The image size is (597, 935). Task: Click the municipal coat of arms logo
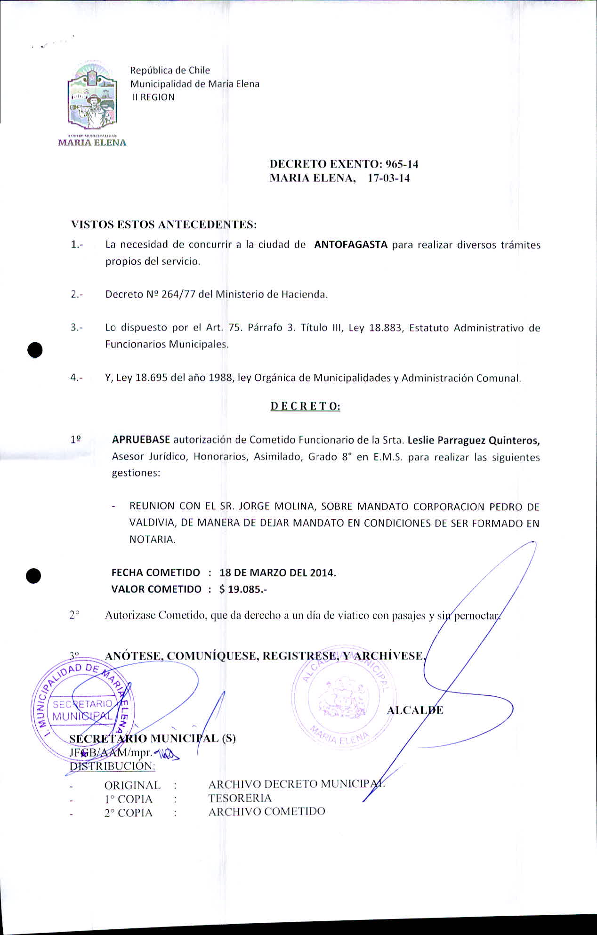coord(92,97)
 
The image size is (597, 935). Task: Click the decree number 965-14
coord(402,164)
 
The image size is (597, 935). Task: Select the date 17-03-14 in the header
coord(388,178)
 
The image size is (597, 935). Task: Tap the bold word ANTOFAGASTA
coord(351,245)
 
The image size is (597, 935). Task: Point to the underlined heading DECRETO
coord(305,406)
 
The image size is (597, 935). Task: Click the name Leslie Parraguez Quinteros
coord(473,441)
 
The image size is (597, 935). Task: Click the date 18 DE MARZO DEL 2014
coord(277,573)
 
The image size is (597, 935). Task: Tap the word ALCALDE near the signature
coord(415,710)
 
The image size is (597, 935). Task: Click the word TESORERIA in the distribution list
coord(240,798)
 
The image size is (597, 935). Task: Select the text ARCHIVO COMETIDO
coord(266,812)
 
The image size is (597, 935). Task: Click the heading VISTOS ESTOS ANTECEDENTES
coord(163,225)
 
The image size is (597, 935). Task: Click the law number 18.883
coord(386,328)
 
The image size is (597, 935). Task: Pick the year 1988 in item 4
coord(221,378)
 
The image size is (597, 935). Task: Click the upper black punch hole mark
coord(35,350)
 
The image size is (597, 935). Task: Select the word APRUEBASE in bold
coord(141,440)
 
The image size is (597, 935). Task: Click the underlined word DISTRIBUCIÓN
coord(112,766)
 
